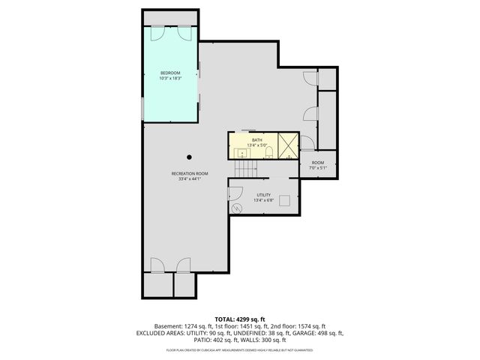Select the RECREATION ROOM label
(x=189, y=173)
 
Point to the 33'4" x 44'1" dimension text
(x=189, y=178)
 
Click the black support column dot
(x=189, y=157)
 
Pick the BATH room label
(x=256, y=140)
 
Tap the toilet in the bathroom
(x=268, y=153)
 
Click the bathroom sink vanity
(x=241, y=153)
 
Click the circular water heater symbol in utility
(x=236, y=208)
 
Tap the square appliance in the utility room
(x=285, y=201)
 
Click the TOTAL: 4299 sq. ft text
(x=239, y=318)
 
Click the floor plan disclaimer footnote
(x=239, y=350)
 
